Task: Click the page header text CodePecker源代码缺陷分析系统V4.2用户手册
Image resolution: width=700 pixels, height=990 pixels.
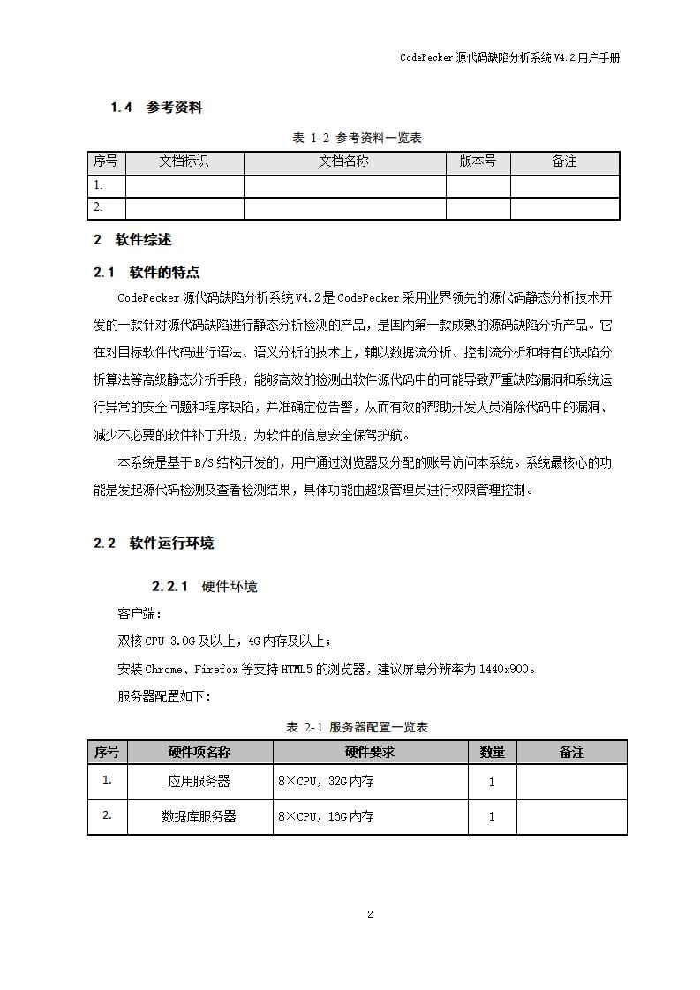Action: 509,57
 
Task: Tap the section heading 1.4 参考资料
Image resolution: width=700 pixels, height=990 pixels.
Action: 156,108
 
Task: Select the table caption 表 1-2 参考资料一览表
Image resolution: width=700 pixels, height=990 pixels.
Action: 357,138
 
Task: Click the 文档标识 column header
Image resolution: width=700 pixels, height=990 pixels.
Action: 184,161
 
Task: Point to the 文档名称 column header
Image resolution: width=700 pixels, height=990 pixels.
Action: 343,161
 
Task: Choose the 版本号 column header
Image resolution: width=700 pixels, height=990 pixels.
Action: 478,161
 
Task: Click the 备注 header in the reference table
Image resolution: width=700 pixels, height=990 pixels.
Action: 564,161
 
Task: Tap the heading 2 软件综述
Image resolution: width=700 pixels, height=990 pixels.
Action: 132,240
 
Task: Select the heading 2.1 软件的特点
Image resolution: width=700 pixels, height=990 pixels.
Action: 147,272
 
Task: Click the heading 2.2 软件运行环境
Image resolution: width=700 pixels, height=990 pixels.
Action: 154,544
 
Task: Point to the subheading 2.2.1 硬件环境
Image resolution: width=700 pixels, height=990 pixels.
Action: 205,586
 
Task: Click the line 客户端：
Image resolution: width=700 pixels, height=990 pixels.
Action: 139,613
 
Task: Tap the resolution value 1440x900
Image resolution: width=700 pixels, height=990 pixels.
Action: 505,669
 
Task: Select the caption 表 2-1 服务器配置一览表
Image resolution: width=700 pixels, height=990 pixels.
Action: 357,727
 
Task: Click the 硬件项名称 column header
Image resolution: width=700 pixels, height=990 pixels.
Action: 199,752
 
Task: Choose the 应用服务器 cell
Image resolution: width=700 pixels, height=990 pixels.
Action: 199,782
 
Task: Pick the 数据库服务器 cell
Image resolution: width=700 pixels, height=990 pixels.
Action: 199,816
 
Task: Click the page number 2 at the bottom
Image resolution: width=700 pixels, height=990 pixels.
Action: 370,914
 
